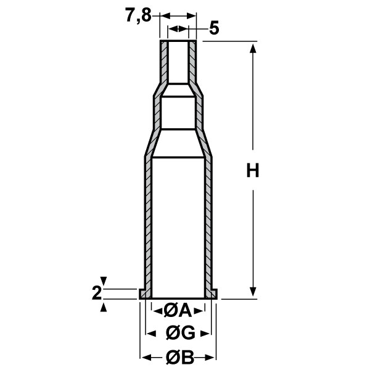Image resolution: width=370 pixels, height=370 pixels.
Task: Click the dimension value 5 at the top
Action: [214, 28]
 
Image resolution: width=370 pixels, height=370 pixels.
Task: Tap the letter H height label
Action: [252, 171]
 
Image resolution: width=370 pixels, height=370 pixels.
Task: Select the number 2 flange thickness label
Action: [96, 292]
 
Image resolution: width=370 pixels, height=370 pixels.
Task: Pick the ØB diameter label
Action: [179, 357]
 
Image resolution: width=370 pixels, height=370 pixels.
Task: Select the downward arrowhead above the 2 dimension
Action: [104, 282]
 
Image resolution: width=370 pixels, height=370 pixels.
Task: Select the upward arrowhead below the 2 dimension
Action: [104, 304]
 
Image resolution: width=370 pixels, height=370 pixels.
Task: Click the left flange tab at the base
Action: [143, 295]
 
